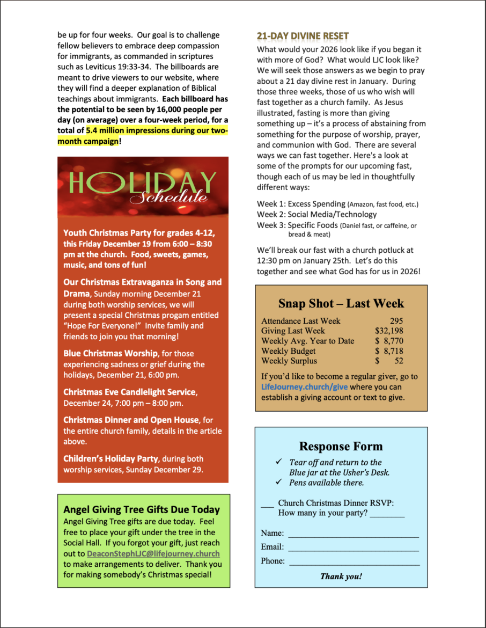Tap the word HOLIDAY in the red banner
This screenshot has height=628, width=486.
[x=142, y=183]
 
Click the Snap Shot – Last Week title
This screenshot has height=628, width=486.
[x=341, y=303]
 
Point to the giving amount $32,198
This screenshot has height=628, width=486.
[x=389, y=331]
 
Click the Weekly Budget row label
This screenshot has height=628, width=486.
[x=289, y=351]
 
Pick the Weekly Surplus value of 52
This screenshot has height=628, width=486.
[x=399, y=361]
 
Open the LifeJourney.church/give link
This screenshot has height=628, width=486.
[x=297, y=387]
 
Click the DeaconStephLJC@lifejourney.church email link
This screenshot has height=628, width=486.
[x=153, y=553]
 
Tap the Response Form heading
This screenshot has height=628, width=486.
[x=341, y=447]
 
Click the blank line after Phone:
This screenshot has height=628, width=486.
[x=354, y=563]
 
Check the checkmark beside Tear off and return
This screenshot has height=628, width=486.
[x=279, y=462]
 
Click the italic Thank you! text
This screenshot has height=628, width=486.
[x=341, y=576]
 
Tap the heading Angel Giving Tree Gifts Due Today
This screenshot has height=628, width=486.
[x=142, y=509]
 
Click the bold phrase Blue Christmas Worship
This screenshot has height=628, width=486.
[x=111, y=354]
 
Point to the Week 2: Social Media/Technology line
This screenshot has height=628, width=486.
[x=309, y=214]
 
